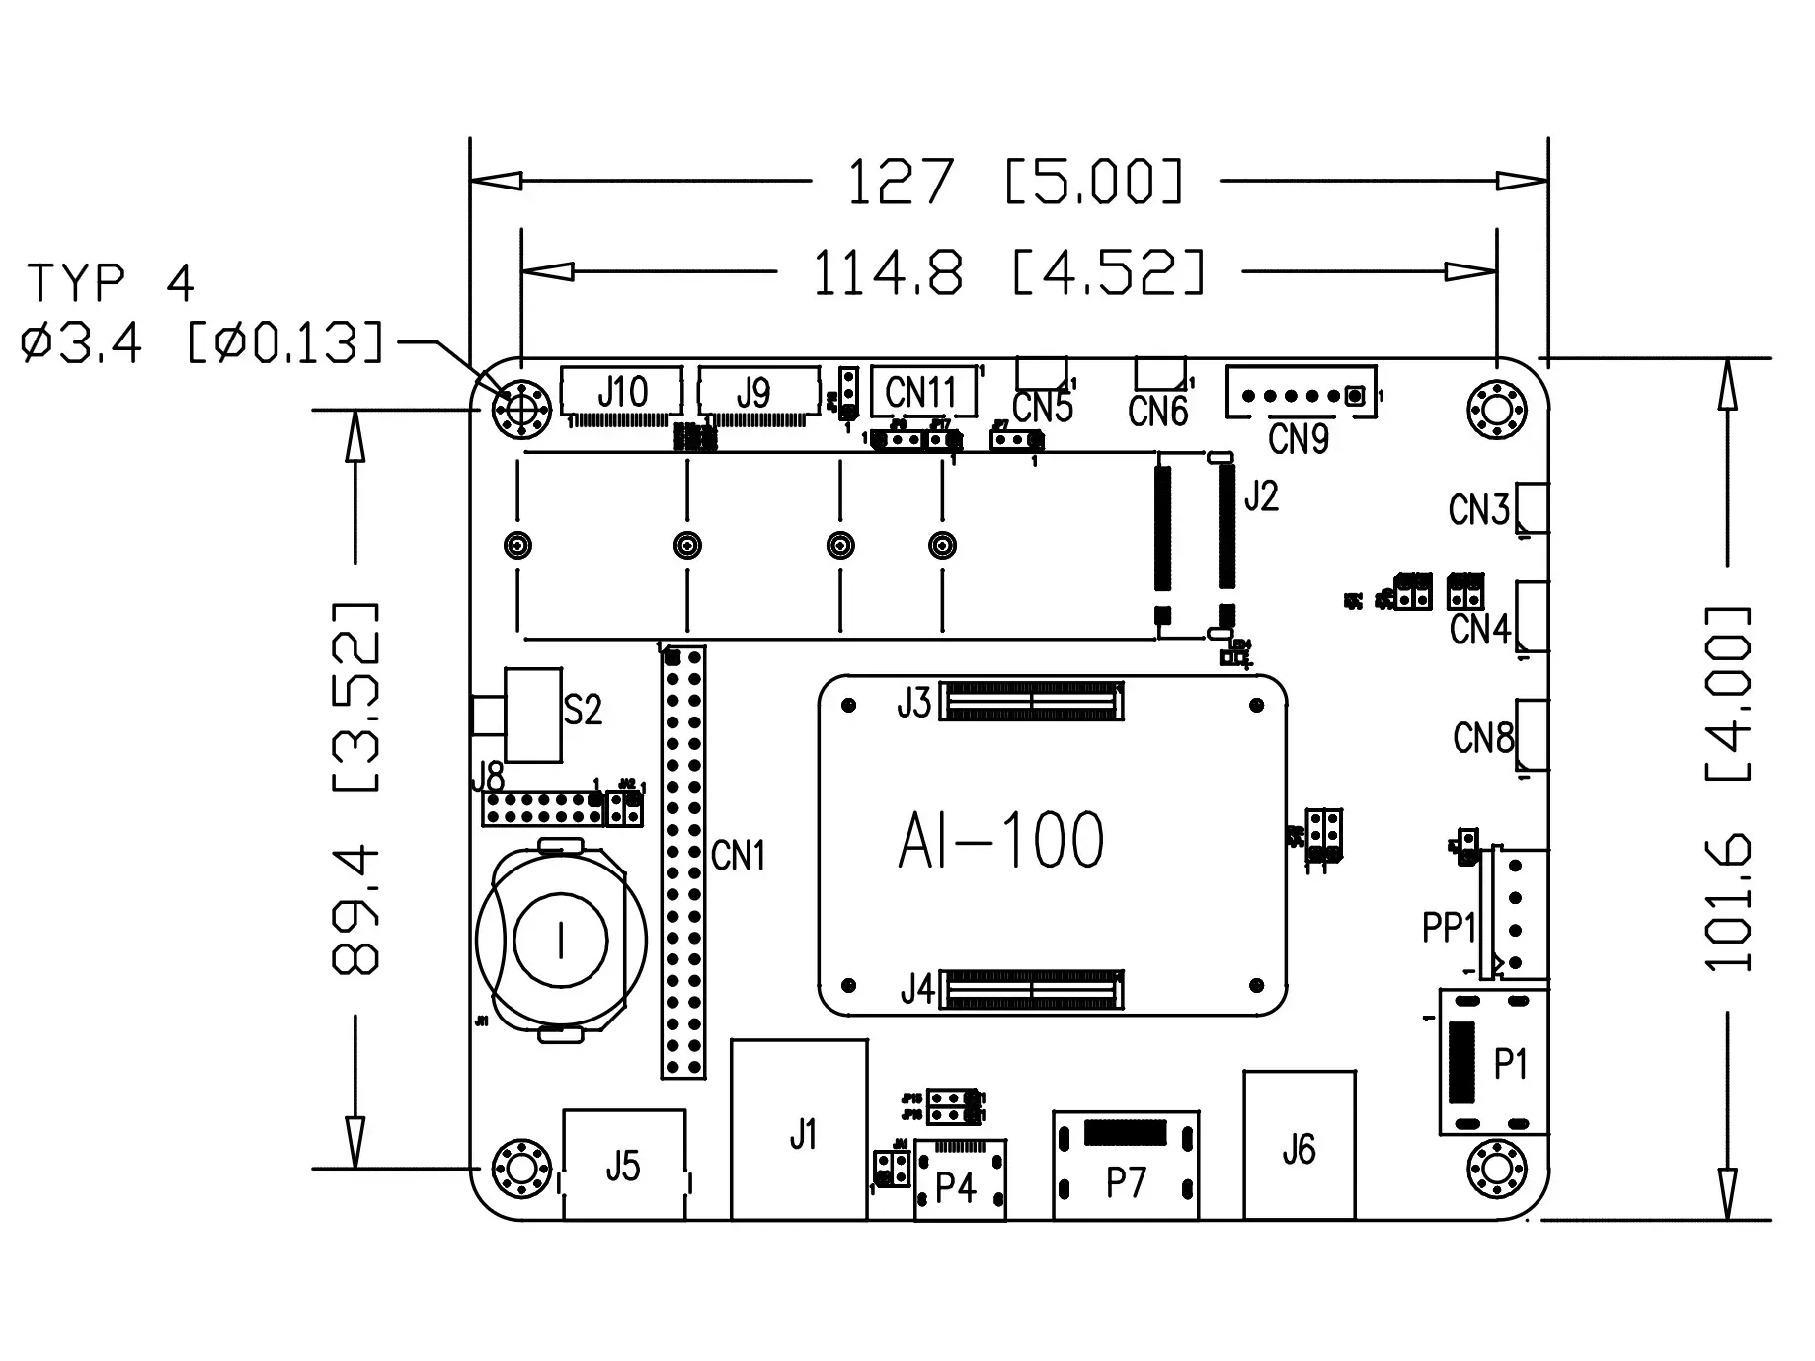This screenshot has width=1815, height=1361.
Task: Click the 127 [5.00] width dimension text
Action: [x=1014, y=183]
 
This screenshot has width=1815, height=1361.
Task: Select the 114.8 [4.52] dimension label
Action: [x=1007, y=273]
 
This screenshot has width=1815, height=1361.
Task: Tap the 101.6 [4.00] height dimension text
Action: [x=1728, y=790]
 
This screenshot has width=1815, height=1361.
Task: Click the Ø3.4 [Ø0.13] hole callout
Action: [x=202, y=343]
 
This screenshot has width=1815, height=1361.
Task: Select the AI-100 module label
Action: [x=1000, y=842]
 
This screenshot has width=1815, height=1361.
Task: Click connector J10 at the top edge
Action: [x=621, y=393]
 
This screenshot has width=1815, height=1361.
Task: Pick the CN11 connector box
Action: [x=922, y=392]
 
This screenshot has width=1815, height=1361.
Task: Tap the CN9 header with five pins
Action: [x=1301, y=396]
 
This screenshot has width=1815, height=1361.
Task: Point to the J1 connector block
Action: [x=800, y=1131]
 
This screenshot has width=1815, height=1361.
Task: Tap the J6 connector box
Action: [x=1299, y=1146]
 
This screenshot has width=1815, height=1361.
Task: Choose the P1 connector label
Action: [x=1511, y=1064]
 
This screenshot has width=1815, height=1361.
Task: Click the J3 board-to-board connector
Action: [x=1031, y=701]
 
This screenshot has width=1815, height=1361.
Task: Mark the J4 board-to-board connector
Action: [x=1031, y=989]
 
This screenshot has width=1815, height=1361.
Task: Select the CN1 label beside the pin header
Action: [x=738, y=856]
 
